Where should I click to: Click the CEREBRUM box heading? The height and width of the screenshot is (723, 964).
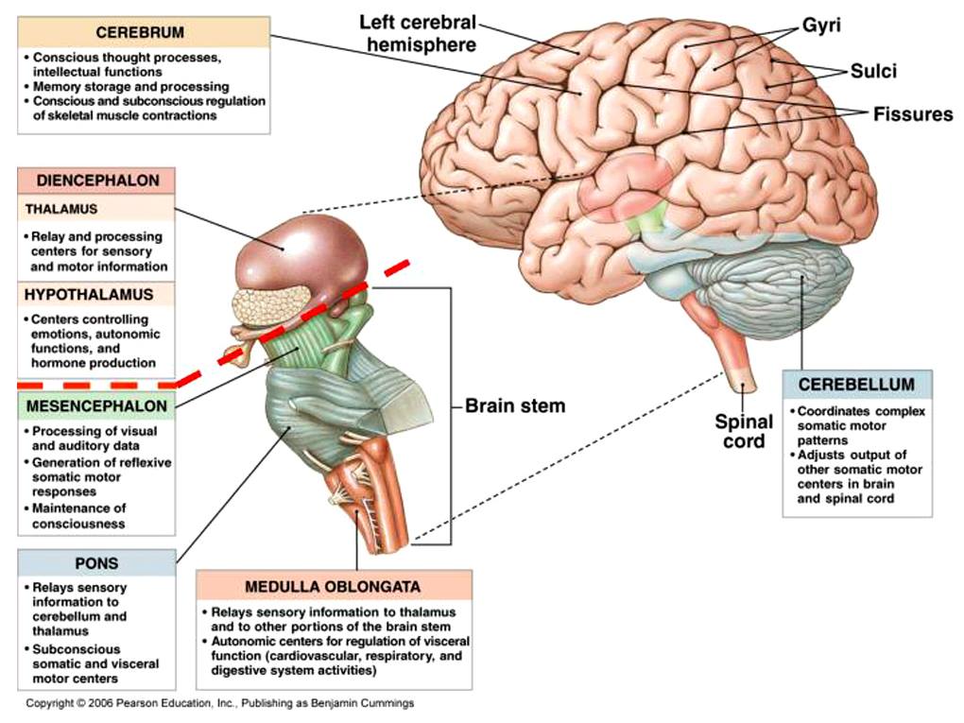click(x=140, y=32)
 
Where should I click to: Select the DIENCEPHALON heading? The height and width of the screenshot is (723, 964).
click(x=97, y=181)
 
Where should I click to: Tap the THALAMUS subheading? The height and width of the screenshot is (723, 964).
click(x=61, y=209)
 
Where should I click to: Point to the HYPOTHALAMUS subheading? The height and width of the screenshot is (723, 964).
click(x=89, y=295)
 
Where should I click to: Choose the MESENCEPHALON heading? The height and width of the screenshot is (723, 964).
click(x=96, y=406)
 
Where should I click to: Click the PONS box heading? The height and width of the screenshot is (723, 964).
click(x=96, y=563)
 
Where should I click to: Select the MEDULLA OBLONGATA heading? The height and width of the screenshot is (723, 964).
click(x=333, y=587)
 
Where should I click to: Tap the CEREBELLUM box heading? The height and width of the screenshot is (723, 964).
click(x=856, y=385)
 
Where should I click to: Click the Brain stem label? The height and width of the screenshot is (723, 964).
click(x=514, y=405)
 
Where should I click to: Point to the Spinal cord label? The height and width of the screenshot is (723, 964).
click(x=744, y=432)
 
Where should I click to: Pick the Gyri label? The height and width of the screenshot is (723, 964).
click(x=821, y=26)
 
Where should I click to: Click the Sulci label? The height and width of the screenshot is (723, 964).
click(x=873, y=71)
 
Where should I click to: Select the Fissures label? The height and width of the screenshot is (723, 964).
click(x=913, y=113)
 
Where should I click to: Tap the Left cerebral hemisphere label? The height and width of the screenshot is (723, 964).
click(x=418, y=34)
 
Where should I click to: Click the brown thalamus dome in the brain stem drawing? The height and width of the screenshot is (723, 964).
click(x=302, y=253)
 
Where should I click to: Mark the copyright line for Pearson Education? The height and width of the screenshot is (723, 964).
click(x=219, y=703)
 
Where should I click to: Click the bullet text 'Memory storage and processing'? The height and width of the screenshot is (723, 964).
click(x=131, y=87)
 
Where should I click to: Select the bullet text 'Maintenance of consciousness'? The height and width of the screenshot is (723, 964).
click(x=78, y=516)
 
